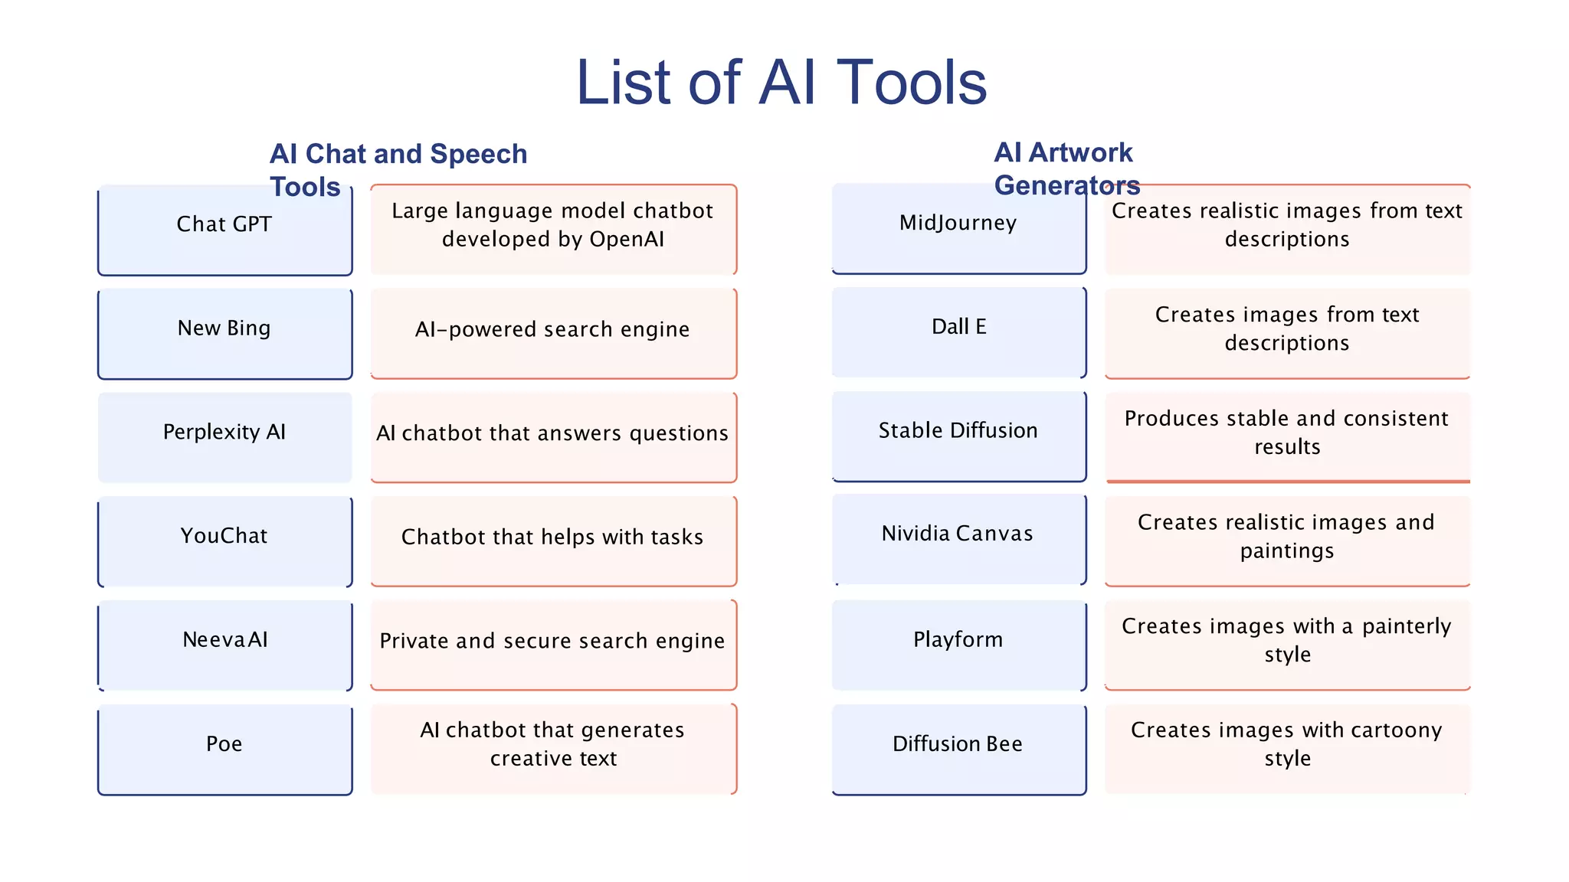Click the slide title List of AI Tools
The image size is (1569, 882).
tap(781, 83)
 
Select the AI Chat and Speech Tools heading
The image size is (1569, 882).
tap(398, 169)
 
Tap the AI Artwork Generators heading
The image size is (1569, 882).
tap(1066, 168)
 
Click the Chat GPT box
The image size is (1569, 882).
tap(224, 229)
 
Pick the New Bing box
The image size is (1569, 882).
tap(224, 333)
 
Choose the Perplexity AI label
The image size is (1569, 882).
tap(224, 432)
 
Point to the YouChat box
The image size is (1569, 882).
tap(224, 541)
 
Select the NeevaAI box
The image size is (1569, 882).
tap(224, 645)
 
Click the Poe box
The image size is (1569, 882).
tap(224, 749)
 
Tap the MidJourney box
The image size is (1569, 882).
tap(958, 228)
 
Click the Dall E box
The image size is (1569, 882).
tap(958, 332)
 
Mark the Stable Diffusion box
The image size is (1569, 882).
tap(958, 436)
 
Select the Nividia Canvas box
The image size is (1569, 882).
tap(958, 538)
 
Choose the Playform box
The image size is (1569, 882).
tap(958, 644)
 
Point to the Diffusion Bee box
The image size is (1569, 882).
tap(958, 748)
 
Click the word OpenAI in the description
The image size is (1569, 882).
tap(627, 240)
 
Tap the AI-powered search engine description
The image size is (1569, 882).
tap(552, 330)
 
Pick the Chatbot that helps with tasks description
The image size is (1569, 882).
tap(552, 537)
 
